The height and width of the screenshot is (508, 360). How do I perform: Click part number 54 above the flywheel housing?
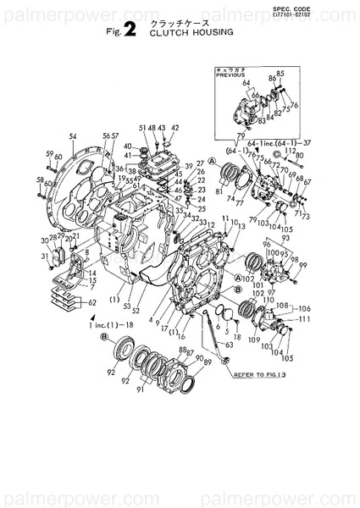coord(73,136)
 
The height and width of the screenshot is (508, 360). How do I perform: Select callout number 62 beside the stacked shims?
coord(91,303)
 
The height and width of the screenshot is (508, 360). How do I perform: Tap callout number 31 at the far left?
coord(44,257)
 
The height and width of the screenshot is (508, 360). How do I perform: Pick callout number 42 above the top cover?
coord(174,128)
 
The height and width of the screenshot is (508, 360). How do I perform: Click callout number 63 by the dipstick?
coord(230,345)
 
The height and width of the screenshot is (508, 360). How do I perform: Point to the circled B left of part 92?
coord(103,338)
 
